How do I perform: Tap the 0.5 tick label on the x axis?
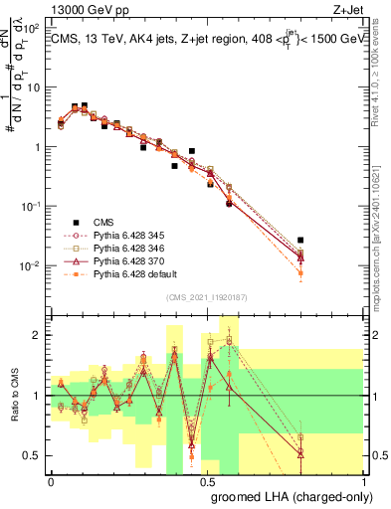point(207,480)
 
